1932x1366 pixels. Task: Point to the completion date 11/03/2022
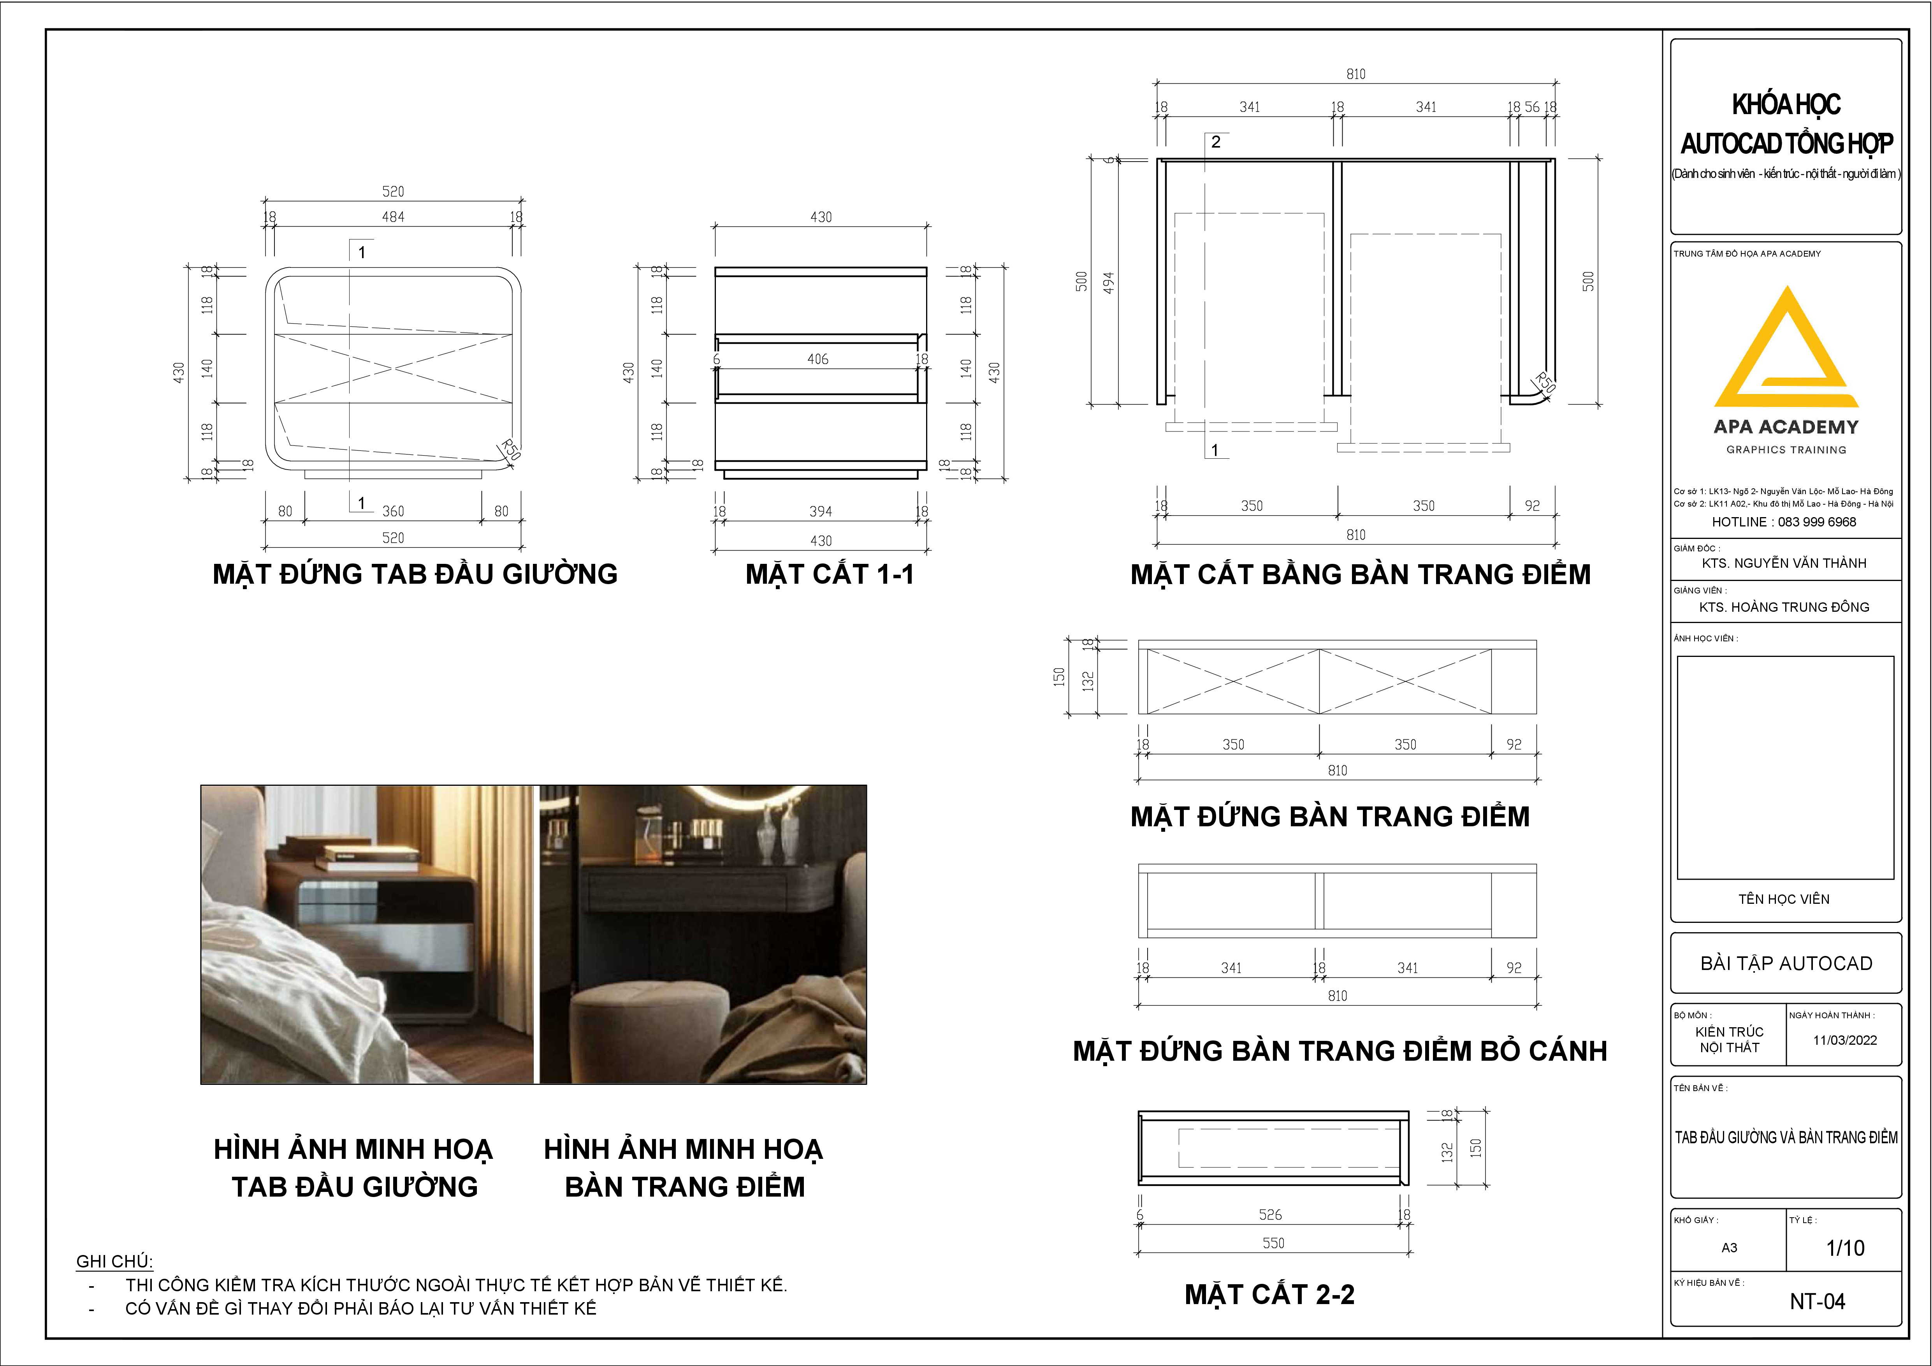click(x=1844, y=1040)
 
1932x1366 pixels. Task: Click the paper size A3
click(x=1729, y=1247)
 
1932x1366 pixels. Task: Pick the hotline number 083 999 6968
click(x=1817, y=522)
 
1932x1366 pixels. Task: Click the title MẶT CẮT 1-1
click(x=830, y=574)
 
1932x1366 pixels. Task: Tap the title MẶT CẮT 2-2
click(x=1270, y=1294)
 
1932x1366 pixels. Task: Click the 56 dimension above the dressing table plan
click(x=1532, y=107)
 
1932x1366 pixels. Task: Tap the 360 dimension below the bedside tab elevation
click(x=393, y=511)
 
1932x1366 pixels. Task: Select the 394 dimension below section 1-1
click(x=821, y=511)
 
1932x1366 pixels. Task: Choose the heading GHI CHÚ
click(x=114, y=1262)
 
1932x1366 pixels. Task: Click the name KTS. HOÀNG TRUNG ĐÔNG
click(x=1784, y=607)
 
